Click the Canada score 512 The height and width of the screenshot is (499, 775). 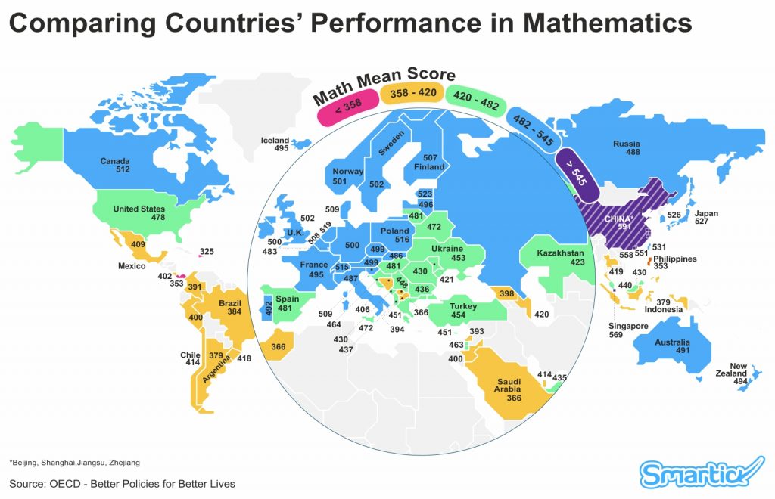123,169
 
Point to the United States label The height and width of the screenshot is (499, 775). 139,209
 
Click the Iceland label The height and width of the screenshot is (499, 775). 275,140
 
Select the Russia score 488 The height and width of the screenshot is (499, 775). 627,153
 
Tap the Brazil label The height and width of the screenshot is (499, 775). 229,302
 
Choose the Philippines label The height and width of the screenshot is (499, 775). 674,259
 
